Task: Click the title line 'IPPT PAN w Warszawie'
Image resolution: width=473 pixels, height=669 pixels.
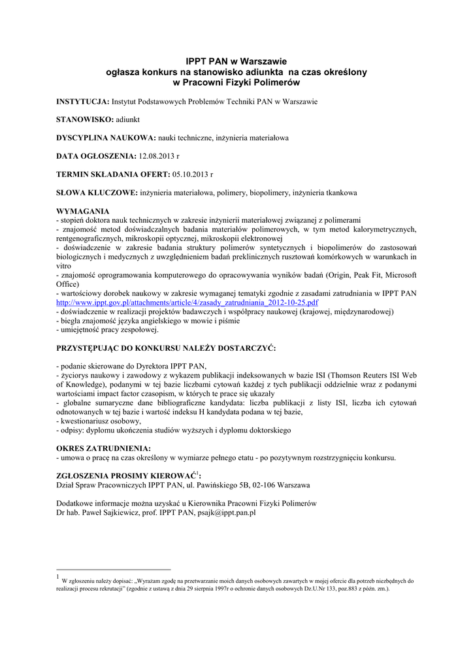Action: [236, 61]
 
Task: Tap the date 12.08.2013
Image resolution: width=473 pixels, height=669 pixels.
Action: [157, 157]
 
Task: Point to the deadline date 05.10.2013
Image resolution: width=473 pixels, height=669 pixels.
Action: [191, 175]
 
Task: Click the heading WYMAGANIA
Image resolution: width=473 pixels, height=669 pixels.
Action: [83, 212]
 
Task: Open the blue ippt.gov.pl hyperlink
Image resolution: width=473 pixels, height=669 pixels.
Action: [188, 303]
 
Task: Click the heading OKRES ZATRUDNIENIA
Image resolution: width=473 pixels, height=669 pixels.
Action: [104, 449]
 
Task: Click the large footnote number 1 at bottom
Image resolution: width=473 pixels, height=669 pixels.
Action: [58, 577]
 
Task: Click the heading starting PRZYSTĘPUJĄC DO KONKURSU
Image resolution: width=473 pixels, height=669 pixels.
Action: [167, 348]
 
